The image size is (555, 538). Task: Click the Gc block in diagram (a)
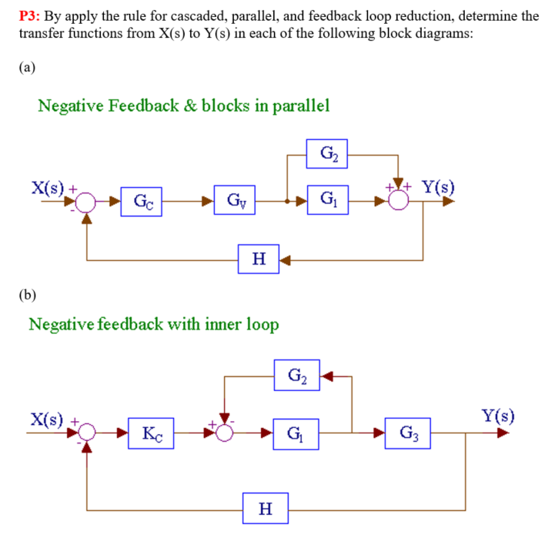141,202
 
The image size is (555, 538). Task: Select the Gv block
236,202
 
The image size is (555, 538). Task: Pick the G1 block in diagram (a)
326,202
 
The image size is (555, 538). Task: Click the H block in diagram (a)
257,259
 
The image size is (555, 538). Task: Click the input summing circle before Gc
86,202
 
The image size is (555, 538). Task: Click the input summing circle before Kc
86,432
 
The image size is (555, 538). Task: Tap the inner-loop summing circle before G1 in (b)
224,432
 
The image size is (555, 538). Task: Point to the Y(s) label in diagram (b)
498,417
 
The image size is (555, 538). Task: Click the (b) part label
28,293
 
